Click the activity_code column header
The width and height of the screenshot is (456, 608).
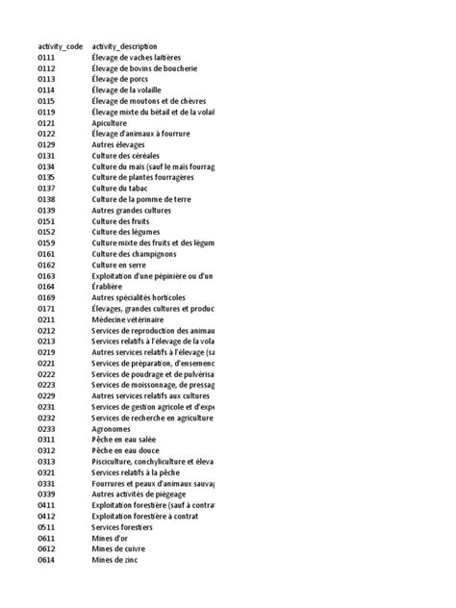pos(60,46)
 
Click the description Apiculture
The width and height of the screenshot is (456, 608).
pos(110,123)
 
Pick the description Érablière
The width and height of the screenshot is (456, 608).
pos(107,286)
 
